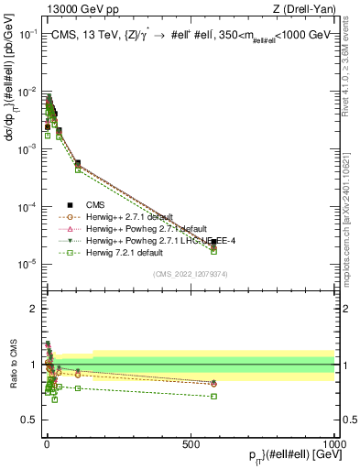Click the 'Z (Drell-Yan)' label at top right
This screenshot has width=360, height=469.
[x=301, y=9]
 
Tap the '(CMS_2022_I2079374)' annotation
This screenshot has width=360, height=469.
[x=192, y=273]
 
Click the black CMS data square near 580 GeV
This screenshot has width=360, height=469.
[x=213, y=242]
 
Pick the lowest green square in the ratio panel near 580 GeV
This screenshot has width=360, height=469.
[x=213, y=396]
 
